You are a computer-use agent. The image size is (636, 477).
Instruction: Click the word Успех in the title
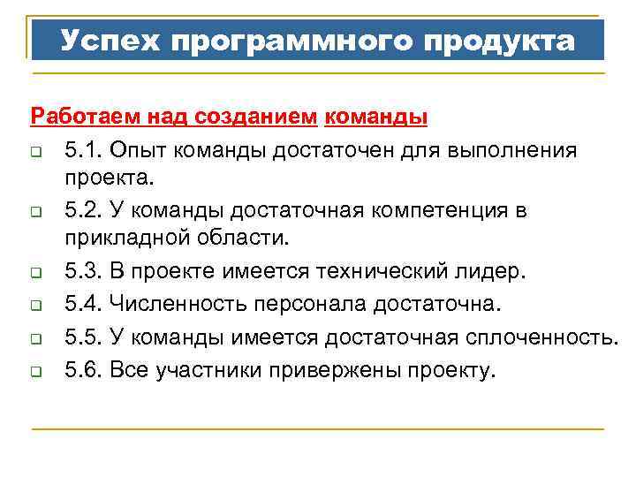(x=109, y=41)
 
